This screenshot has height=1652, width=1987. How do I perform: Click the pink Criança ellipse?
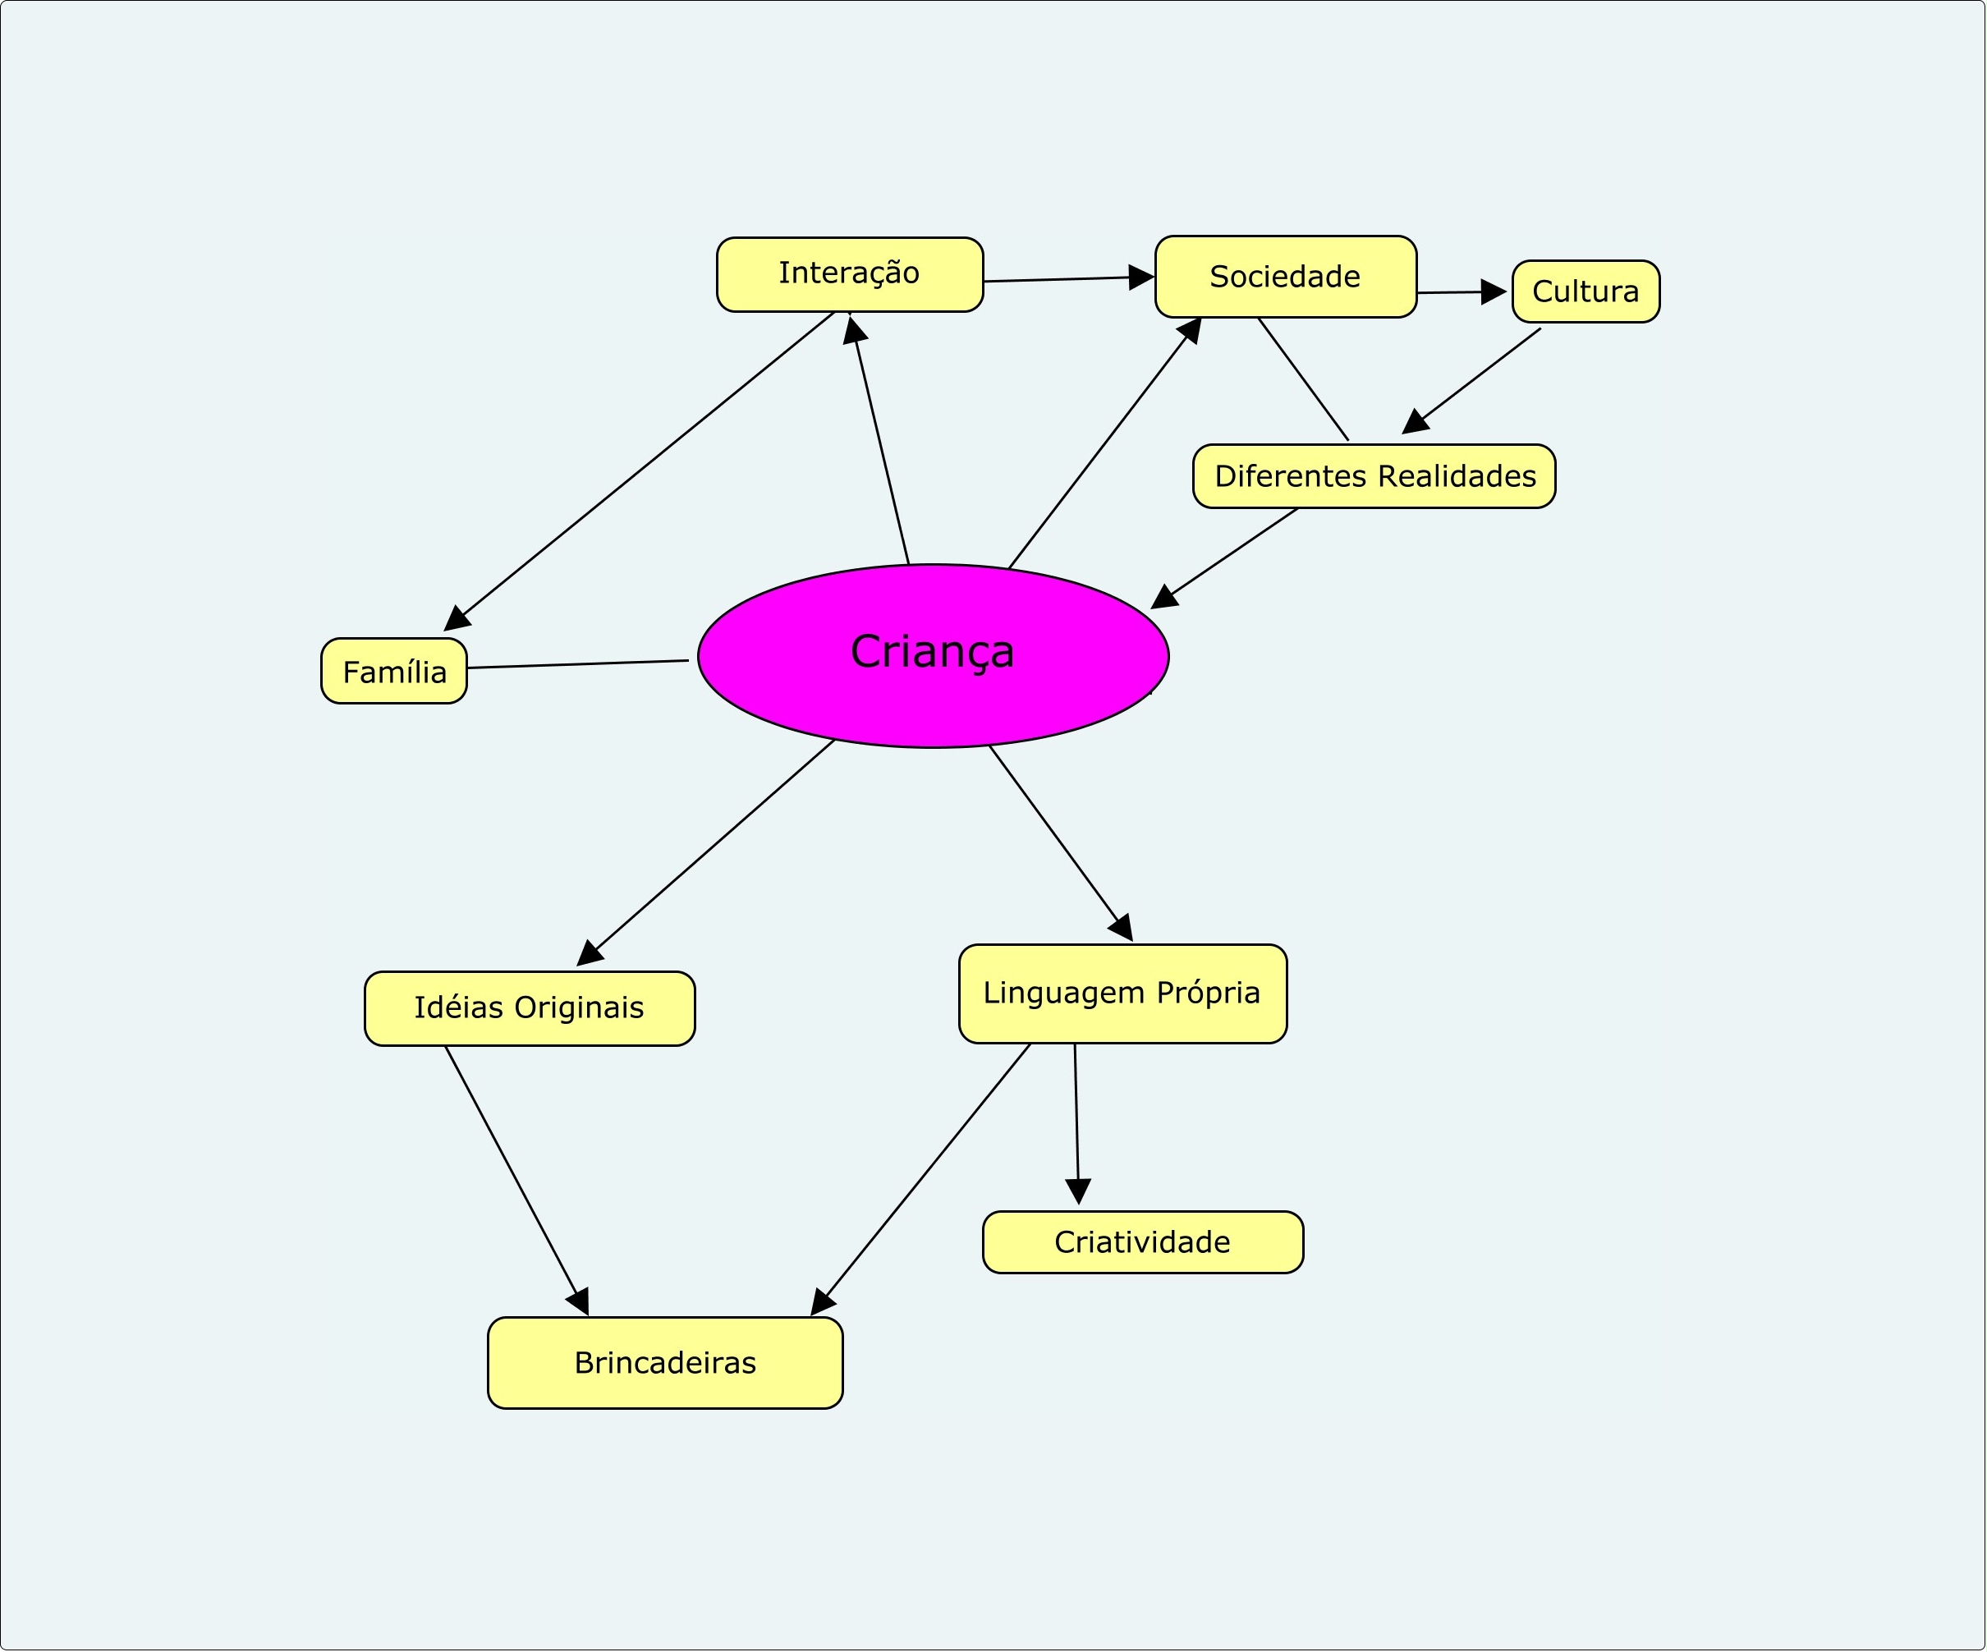(x=933, y=657)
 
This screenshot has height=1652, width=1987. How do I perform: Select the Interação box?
(x=850, y=274)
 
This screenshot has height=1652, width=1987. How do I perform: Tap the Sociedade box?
(x=1286, y=276)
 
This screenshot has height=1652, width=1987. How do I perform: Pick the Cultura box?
(x=1585, y=291)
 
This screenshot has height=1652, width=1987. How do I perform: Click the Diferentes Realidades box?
(x=1374, y=476)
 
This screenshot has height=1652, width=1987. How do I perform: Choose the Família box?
(x=393, y=671)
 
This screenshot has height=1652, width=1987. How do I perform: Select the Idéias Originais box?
(x=530, y=1008)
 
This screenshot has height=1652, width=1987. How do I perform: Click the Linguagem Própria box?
(x=1123, y=993)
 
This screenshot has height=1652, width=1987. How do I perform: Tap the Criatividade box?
(x=1143, y=1242)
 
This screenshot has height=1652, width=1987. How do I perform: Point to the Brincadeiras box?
(x=665, y=1362)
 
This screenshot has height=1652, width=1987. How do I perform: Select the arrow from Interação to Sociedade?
(x=1069, y=279)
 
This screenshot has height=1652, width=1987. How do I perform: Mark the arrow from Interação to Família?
(x=639, y=471)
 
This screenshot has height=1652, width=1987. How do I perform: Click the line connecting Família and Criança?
(x=578, y=664)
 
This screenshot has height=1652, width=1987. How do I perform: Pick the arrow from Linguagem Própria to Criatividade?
(x=1076, y=1124)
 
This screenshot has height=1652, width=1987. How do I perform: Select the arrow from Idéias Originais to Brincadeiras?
(x=516, y=1181)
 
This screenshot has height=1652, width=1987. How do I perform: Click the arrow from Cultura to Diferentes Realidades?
(x=1471, y=381)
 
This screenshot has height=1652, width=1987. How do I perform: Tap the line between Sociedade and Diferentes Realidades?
(x=1303, y=379)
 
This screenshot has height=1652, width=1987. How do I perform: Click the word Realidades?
(x=1457, y=476)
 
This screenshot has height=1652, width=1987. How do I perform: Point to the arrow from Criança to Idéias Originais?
(x=705, y=853)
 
